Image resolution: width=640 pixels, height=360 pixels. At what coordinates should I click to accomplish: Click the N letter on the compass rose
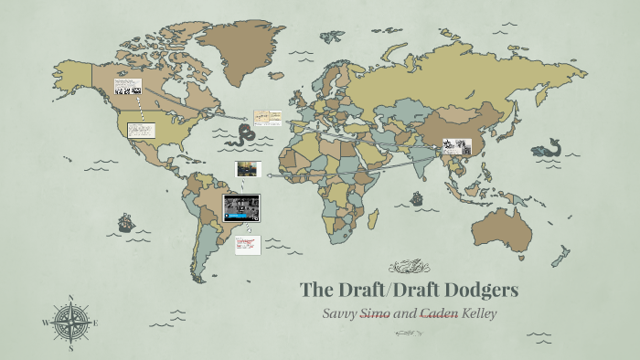[71, 298]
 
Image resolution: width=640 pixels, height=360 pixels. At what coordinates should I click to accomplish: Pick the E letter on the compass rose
[95, 323]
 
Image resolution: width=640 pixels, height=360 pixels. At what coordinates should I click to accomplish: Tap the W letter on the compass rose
[46, 323]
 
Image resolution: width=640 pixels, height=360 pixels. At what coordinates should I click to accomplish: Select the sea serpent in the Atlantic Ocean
[244, 135]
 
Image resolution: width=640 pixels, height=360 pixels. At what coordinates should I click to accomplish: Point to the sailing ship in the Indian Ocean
[416, 197]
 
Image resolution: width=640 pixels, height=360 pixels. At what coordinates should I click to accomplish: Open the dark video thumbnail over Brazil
[241, 207]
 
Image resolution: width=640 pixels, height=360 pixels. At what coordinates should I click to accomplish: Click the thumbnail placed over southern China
[456, 146]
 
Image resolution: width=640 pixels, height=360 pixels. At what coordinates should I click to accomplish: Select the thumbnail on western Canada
[127, 88]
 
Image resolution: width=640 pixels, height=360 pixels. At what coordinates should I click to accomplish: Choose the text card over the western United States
[141, 130]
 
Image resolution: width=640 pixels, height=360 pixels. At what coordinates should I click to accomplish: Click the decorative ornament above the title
[409, 267]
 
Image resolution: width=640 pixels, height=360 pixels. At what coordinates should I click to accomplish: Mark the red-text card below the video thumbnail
[247, 244]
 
